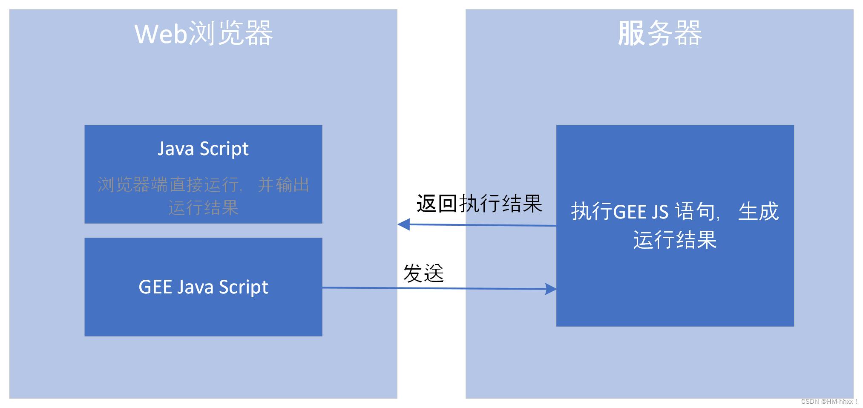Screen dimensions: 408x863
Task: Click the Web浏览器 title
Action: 204,33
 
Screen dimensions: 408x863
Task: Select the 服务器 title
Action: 659,33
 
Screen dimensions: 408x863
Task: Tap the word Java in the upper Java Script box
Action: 176,149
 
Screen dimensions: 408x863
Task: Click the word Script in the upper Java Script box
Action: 224,149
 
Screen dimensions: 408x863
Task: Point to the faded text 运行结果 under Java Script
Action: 203,208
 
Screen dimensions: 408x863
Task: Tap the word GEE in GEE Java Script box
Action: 155,287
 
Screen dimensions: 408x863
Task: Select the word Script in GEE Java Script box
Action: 243,287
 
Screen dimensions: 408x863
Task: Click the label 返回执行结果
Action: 479,204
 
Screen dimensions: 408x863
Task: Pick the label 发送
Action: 423,273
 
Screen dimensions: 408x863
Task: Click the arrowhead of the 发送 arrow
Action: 551,289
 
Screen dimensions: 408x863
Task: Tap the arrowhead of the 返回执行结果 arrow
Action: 403,224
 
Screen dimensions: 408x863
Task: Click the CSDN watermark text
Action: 828,401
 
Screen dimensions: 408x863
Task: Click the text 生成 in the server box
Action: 758,212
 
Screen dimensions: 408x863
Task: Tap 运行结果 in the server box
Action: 675,240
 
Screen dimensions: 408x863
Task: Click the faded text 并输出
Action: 283,185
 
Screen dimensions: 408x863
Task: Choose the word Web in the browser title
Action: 161,33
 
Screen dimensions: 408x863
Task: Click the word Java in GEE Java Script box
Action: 195,287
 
